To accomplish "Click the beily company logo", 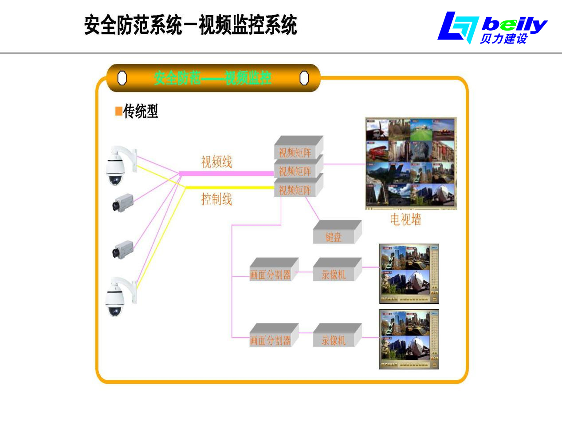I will point(492,28).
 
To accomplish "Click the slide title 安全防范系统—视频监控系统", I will point(191,25).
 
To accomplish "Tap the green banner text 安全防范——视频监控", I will point(213,78).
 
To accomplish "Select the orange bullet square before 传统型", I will point(118,111).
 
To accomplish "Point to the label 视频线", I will point(216,162).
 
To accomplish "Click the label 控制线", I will point(216,199).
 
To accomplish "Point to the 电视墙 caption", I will point(405,219).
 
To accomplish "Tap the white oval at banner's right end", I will point(304,78).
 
